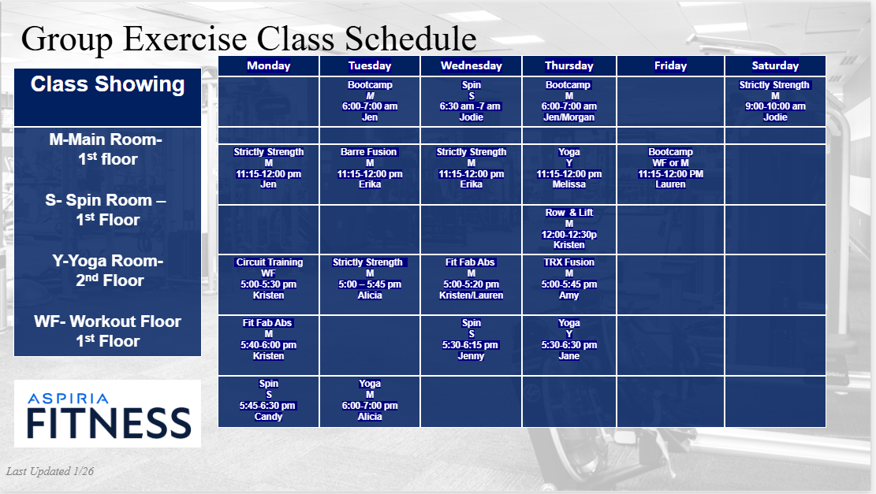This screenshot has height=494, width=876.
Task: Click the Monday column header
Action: pyautogui.click(x=268, y=66)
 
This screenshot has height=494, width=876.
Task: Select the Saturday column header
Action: pyautogui.click(x=775, y=66)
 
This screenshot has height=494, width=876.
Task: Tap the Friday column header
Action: pyautogui.click(x=670, y=66)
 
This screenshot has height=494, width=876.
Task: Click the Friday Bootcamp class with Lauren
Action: pyautogui.click(x=670, y=168)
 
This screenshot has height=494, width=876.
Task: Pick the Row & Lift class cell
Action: pyautogui.click(x=568, y=228)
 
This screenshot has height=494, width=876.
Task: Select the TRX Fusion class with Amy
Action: pyautogui.click(x=568, y=279)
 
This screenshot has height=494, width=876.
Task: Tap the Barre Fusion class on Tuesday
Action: pyautogui.click(x=369, y=168)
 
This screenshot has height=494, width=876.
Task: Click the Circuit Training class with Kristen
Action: pyautogui.click(x=268, y=279)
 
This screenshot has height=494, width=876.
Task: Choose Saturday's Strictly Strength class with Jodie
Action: pyautogui.click(x=775, y=101)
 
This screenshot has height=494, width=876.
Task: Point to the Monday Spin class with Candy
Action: pyautogui.click(x=268, y=400)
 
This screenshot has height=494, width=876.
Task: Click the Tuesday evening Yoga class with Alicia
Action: pyautogui.click(x=369, y=400)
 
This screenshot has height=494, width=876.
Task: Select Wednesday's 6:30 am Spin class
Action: pyautogui.click(x=471, y=101)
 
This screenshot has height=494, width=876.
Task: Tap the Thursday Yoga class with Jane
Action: pyautogui.click(x=568, y=340)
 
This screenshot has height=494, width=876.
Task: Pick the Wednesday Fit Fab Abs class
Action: pyautogui.click(x=471, y=279)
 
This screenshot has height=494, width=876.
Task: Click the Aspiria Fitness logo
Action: pyautogui.click(x=108, y=414)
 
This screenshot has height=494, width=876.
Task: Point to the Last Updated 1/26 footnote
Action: pyautogui.click(x=50, y=471)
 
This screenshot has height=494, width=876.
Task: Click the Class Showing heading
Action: pyautogui.click(x=107, y=84)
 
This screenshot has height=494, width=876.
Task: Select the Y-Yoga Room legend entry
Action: pyautogui.click(x=108, y=271)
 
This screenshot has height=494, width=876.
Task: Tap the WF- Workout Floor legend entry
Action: pyautogui.click(x=108, y=331)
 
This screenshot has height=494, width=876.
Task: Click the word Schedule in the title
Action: pyautogui.click(x=411, y=39)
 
